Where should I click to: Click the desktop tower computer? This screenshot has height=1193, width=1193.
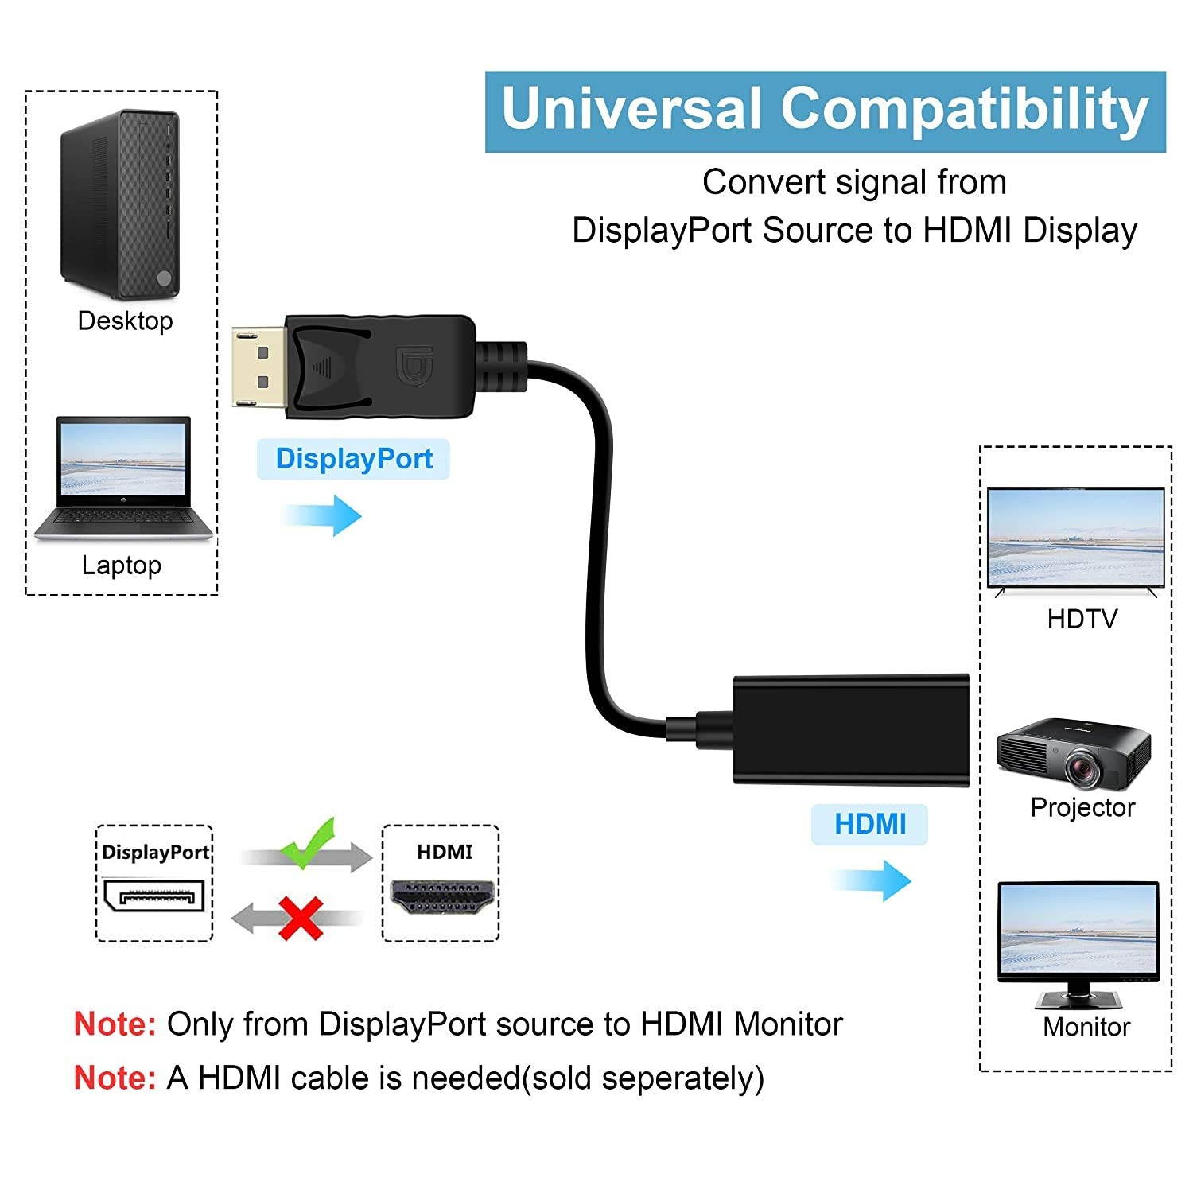(121, 204)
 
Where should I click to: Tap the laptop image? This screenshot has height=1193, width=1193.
(123, 480)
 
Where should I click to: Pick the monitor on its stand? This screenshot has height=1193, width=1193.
(1078, 942)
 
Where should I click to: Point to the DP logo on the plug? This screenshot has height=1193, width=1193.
(414, 365)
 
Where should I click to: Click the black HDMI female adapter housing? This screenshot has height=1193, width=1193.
(850, 729)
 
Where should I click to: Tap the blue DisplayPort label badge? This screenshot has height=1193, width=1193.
(353, 459)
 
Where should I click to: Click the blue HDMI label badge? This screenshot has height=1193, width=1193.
(869, 824)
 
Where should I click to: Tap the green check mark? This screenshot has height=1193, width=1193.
(309, 842)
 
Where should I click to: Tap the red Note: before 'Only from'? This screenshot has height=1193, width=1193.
(115, 1024)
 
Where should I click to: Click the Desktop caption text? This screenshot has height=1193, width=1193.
(125, 321)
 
